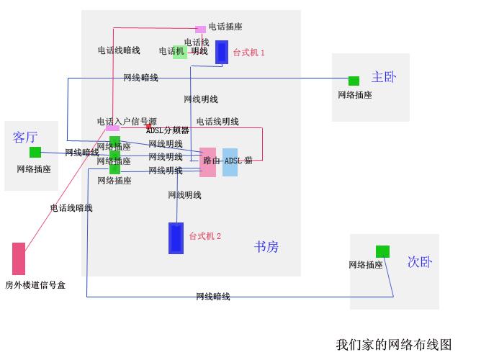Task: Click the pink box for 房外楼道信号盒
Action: point(19,258)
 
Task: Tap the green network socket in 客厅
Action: point(35,152)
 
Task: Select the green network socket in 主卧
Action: point(354,81)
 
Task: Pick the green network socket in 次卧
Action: point(382,251)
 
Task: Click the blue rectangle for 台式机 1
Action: point(222,52)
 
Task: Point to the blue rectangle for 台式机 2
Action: point(176,238)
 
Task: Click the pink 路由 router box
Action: point(207,162)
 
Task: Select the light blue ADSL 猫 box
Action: point(230,162)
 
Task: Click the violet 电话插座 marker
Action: point(200,30)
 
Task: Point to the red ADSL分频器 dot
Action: point(148,126)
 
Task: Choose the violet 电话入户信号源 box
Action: point(113,128)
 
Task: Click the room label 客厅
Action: point(25,137)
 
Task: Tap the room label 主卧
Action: point(384,77)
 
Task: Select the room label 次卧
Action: point(420,262)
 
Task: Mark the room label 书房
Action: point(266,247)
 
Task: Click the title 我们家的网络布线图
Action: point(393,344)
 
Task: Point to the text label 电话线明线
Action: point(217,122)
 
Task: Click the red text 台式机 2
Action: point(205,236)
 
